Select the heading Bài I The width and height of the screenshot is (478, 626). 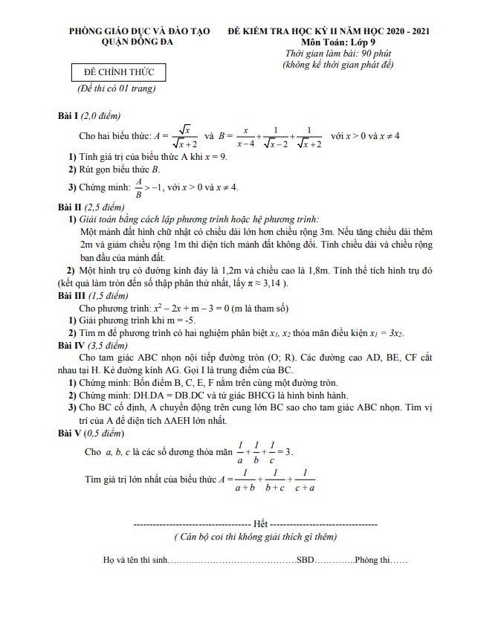coord(68,117)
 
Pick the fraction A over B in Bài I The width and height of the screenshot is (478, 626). coord(138,187)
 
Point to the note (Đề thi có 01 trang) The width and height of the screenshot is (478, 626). coord(117,88)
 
